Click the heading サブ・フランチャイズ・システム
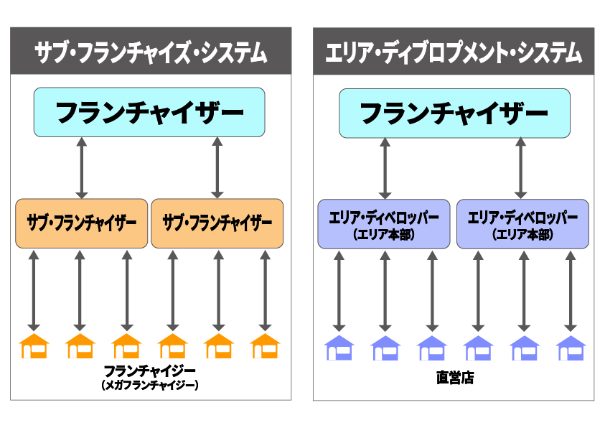151,52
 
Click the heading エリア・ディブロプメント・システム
454,52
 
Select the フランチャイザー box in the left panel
149,113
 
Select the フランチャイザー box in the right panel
454,113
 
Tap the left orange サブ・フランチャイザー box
81,223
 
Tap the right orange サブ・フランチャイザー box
217,223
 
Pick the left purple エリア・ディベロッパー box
384,224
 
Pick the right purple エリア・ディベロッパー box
522,224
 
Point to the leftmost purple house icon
339,348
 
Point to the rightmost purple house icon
571,348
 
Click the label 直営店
454,378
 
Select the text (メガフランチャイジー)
149,386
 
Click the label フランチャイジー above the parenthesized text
149,371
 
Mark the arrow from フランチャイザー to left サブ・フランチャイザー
82,167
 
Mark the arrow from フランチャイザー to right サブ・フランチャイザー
217,167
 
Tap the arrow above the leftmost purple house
339,290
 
